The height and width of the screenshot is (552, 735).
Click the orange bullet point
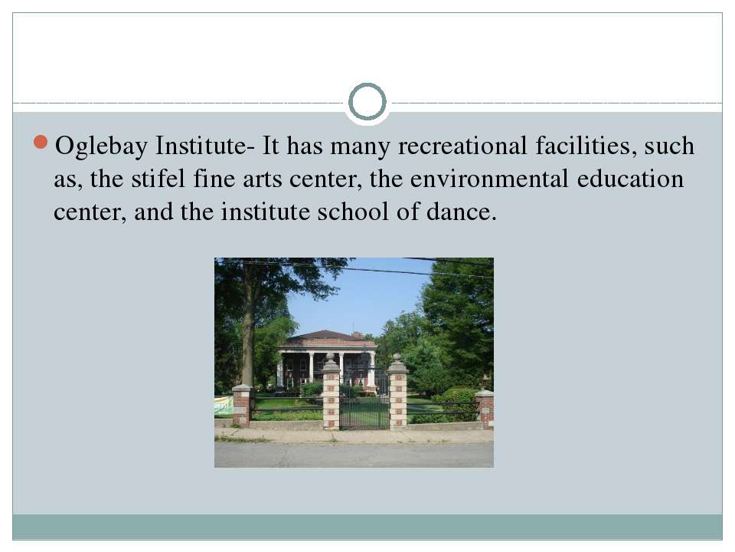point(41,143)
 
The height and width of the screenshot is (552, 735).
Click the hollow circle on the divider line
point(367,102)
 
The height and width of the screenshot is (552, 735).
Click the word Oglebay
point(101,146)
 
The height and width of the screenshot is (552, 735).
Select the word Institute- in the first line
point(205,146)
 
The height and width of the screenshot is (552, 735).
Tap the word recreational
point(462,146)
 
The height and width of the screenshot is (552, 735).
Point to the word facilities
point(586,146)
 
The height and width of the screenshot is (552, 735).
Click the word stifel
point(158,179)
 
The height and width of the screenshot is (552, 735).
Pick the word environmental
point(489,179)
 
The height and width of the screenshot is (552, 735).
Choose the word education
point(630,179)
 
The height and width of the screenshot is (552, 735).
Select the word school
point(353,212)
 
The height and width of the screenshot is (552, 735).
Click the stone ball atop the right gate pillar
point(397,358)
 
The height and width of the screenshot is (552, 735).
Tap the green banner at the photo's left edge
point(223,406)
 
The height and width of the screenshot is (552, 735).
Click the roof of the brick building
point(327,337)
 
